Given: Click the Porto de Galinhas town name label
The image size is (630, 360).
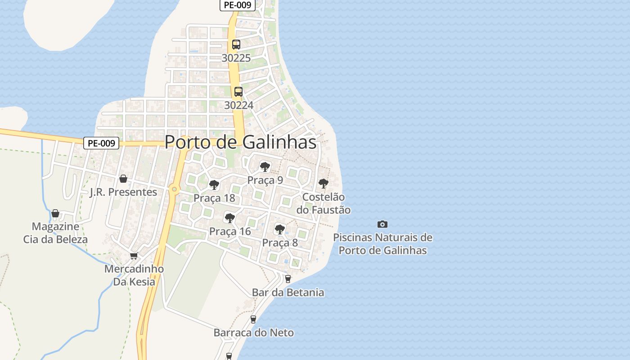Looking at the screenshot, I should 240,142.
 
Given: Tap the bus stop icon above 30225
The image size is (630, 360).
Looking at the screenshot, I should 236,45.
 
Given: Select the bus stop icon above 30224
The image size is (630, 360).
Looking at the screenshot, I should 238,92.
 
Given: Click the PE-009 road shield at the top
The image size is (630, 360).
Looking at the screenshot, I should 238,5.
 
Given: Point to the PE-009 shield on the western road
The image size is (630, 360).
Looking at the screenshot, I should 101,143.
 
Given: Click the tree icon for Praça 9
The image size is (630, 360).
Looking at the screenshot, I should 265,167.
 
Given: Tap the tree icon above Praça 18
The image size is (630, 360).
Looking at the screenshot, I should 214,184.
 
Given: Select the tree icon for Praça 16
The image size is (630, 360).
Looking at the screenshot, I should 230,218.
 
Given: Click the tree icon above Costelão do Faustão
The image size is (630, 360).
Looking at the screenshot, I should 323,184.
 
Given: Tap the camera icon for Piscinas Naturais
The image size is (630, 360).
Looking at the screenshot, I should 382,224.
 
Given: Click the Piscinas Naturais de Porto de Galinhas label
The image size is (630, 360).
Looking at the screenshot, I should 382,243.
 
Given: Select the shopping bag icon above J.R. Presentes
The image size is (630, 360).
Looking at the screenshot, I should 123,179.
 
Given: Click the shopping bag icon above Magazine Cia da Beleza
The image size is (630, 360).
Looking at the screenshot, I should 55,213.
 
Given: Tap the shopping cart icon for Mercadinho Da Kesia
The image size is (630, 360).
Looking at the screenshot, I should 134,256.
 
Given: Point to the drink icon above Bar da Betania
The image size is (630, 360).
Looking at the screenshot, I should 288,279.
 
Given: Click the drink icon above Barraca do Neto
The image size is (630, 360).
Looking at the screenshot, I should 253,319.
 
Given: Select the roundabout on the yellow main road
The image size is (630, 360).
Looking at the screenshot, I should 174,189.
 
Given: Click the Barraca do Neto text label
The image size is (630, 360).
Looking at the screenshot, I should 254,333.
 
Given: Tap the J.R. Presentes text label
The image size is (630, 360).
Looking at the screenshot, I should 123,192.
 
